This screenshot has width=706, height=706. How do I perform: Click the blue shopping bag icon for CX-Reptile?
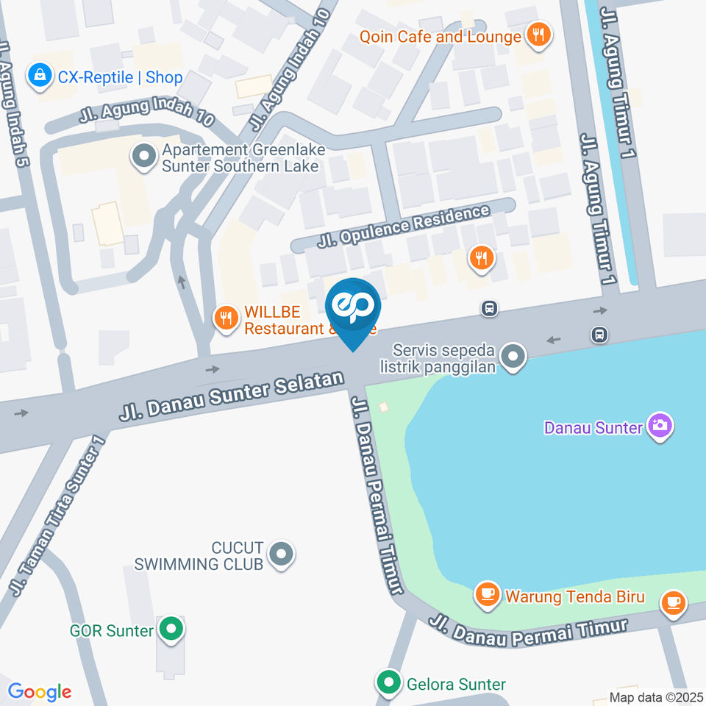pyautogui.click(x=38, y=76)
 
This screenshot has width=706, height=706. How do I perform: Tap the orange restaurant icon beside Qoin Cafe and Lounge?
pyautogui.click(x=539, y=35)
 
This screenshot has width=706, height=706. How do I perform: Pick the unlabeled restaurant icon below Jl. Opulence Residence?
pyautogui.click(x=482, y=257)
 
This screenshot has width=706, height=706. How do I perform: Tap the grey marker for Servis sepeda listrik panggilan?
pyautogui.click(x=513, y=357)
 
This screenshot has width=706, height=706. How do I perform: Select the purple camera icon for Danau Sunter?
pyautogui.click(x=660, y=425)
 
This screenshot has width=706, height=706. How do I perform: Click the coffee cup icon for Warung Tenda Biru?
pyautogui.click(x=486, y=594)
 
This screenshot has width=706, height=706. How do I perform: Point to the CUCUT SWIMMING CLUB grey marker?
pyautogui.click(x=280, y=555)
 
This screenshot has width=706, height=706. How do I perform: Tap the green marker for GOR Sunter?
pyautogui.click(x=171, y=630)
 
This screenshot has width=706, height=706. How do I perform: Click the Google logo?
pyautogui.click(x=39, y=691)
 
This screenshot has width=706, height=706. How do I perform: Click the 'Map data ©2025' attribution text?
pyautogui.click(x=656, y=696)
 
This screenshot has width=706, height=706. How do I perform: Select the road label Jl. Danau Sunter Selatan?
pyautogui.click(x=232, y=396)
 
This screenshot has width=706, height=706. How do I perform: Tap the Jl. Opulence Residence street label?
pyautogui.click(x=403, y=226)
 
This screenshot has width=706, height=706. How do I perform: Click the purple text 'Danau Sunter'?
pyautogui.click(x=593, y=427)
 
